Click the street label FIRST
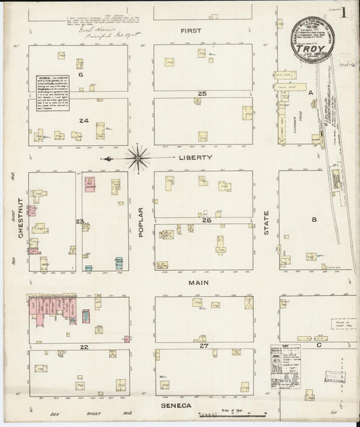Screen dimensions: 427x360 click(196, 32)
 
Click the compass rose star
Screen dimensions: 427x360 click(139, 157)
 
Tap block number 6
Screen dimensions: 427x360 click(80, 75)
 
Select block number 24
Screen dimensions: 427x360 click(84, 120)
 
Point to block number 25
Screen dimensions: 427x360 click(201, 93)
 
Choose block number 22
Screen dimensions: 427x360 click(84, 347)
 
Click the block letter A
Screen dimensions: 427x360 click(311, 93)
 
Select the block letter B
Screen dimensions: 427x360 click(313, 220)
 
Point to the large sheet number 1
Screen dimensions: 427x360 click(344, 11)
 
